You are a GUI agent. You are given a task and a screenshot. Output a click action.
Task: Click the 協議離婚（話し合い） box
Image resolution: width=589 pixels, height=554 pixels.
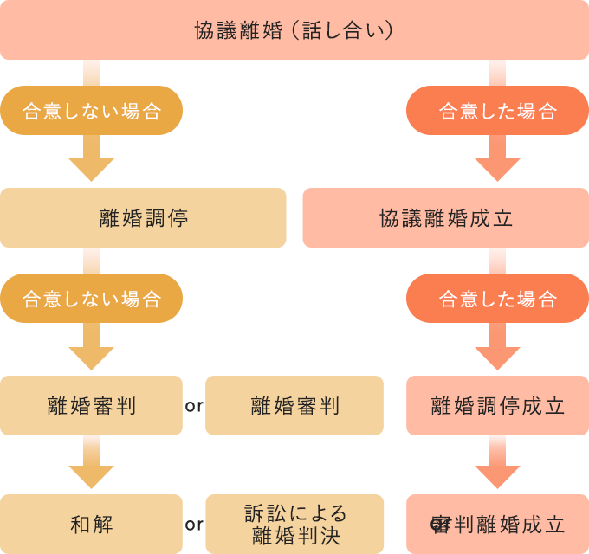294,30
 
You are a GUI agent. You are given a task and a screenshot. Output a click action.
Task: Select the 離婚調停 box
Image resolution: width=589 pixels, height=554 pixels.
144,218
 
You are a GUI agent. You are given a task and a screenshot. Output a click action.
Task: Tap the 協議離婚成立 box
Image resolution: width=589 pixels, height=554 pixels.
445,218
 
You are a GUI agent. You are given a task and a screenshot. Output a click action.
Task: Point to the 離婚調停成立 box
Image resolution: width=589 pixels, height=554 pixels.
497,405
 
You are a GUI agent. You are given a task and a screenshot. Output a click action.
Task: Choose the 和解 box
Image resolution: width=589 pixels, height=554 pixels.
91,524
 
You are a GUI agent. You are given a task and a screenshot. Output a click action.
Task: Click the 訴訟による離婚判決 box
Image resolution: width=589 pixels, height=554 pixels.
294,524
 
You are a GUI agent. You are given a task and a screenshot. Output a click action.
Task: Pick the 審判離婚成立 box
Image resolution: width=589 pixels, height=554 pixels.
497,524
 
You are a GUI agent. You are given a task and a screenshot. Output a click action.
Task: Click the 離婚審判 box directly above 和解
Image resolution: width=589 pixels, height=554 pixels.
91,405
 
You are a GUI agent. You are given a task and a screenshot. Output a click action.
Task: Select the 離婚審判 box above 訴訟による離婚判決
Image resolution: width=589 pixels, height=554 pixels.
294,405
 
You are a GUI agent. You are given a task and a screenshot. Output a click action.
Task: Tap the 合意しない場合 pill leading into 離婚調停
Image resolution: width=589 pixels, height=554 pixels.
91,111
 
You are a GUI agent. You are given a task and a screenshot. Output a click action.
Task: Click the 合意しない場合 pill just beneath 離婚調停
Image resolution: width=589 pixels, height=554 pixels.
91,299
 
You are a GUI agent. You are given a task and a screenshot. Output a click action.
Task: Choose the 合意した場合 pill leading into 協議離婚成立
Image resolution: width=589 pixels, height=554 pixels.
497,111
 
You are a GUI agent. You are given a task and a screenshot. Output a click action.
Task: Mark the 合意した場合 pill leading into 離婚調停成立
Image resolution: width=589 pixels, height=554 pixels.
497,299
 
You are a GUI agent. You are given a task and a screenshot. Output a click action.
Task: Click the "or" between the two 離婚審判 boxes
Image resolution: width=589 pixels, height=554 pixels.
194,405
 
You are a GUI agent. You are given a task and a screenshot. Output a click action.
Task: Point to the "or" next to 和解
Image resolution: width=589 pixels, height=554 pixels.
194,524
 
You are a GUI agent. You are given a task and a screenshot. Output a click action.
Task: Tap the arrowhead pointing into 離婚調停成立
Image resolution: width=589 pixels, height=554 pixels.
497,357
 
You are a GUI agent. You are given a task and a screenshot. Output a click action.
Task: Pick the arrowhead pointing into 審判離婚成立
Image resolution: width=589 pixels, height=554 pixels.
497,475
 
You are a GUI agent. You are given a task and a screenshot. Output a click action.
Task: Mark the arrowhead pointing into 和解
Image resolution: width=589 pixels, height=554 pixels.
91,475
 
